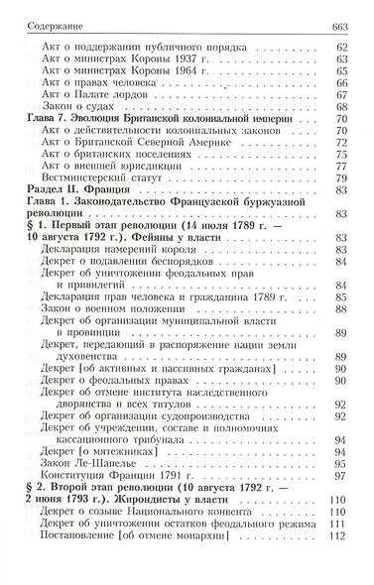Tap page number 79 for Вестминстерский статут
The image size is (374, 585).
[346, 176]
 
